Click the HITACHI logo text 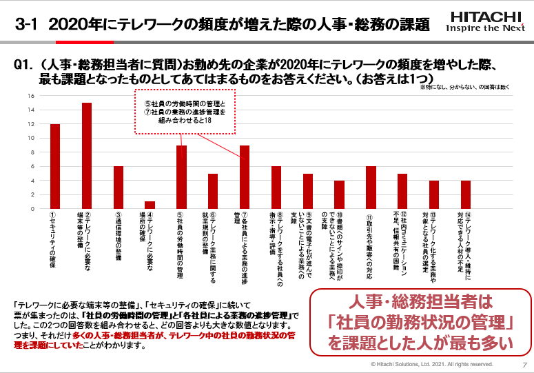point(486,17)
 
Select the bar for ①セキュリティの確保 point(55,166)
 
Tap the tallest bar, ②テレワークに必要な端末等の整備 point(87,156)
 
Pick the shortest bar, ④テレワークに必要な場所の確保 point(150,205)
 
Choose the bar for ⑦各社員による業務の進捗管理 point(245,177)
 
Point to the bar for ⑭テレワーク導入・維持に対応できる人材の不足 point(466,194)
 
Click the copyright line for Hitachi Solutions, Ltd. point(432,364)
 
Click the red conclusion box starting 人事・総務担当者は point(420,321)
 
